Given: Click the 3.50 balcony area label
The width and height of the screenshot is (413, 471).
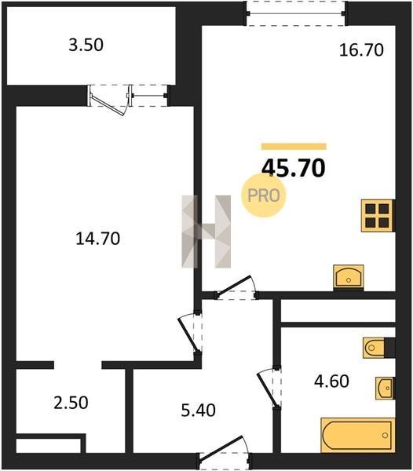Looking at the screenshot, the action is point(86,45).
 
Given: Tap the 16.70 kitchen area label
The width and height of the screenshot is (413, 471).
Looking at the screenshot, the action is point(361,50).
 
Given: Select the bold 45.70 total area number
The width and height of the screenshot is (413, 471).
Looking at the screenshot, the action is point(294,168).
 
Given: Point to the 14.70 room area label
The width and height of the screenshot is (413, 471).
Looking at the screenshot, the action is point(97,239).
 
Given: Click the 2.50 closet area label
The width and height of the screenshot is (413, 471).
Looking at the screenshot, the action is point(71,403).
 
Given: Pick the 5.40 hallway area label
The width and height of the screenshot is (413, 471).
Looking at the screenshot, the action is point(198,411).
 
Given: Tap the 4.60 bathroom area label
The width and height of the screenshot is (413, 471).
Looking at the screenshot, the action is point(331,382).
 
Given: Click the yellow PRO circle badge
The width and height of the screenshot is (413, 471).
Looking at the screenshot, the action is point(264,195).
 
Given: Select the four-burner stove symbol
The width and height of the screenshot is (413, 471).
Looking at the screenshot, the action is point(378,215).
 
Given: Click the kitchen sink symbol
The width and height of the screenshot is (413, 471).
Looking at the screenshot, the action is point(349,278).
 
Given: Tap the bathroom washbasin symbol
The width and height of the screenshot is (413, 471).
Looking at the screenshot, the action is point(385,388).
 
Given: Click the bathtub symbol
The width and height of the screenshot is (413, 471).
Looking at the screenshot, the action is point(358,435).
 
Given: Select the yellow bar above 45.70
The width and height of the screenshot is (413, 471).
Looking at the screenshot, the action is point(294,146).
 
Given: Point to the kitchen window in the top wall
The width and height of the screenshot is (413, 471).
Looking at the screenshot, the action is point(296,13).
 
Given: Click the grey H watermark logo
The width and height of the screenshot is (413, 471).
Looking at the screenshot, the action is point(206,232).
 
